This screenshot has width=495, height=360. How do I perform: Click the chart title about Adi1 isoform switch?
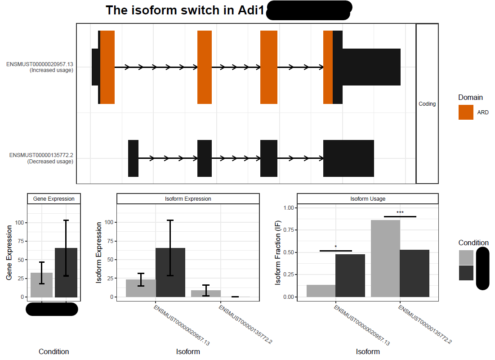pyautogui.click(x=184, y=11)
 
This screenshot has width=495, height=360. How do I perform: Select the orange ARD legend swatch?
pyautogui.click(x=466, y=112)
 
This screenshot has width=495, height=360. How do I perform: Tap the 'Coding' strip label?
pyautogui.click(x=427, y=104)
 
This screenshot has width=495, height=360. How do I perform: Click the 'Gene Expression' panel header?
pyautogui.click(x=54, y=198)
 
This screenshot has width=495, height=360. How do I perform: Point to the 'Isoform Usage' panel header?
pyautogui.click(x=367, y=198)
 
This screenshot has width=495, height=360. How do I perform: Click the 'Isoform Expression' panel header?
pyautogui.click(x=188, y=198)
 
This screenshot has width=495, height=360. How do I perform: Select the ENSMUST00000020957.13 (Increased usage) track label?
pyautogui.click(x=40, y=67)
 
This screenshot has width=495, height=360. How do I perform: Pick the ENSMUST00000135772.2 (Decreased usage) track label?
pyautogui.click(x=41, y=158)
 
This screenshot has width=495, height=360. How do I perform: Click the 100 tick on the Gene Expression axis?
pyautogui.click(x=19, y=223)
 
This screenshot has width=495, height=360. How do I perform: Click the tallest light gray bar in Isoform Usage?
pyautogui.click(x=385, y=258)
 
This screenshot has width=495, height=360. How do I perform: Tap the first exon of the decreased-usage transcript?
pyautogui.click(x=133, y=158)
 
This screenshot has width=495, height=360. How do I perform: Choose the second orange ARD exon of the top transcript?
pyautogui.click(x=205, y=67)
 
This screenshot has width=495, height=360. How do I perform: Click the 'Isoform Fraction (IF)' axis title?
pyautogui.click(x=278, y=252)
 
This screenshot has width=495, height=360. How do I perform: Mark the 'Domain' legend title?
pyautogui.click(x=470, y=97)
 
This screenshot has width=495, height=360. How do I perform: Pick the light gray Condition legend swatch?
pyautogui.click(x=466, y=258)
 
